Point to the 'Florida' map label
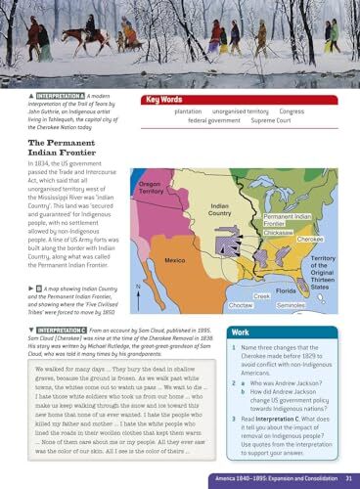287,291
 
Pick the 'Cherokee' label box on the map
310,239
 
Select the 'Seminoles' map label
291,306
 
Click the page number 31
347,476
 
